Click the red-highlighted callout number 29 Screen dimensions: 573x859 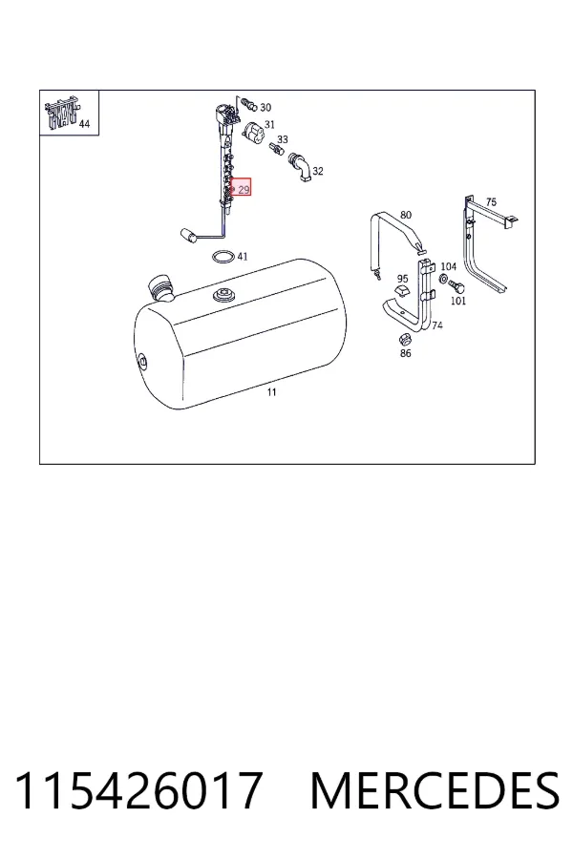pos(244,190)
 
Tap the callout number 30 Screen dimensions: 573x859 pos(265,107)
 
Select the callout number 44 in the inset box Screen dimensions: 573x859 pos(84,124)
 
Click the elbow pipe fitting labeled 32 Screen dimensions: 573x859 pos(300,166)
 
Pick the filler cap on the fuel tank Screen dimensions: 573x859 pos(159,288)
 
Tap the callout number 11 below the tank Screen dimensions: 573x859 pos(272,392)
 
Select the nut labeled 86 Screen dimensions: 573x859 pos(405,339)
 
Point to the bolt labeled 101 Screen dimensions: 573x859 pos(456,286)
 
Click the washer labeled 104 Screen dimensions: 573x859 pos(443,281)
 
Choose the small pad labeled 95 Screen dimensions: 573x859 pos(402,291)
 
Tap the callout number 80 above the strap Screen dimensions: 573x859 pos(406,215)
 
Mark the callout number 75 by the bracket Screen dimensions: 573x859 pos(491,202)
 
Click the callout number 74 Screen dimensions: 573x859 pos(437,325)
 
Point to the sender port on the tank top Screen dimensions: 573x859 pos(223,295)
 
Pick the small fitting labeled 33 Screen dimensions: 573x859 pos(278,149)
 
